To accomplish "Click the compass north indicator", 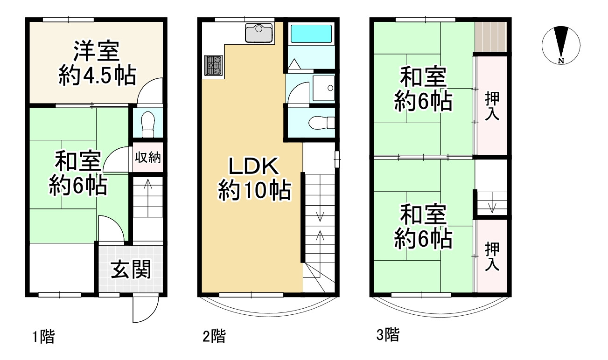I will tap(561, 45).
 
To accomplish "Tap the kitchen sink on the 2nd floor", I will tap(258, 33).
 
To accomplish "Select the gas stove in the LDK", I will tap(214, 65).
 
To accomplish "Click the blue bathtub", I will tap(311, 34).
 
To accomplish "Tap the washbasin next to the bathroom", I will tap(324, 88).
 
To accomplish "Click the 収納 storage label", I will tap(147, 157).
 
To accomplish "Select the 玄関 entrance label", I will tap(131, 269).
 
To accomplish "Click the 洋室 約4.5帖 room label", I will tap(97, 63).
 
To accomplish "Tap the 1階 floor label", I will tap(43, 336).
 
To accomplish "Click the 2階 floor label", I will tap(214, 336).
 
